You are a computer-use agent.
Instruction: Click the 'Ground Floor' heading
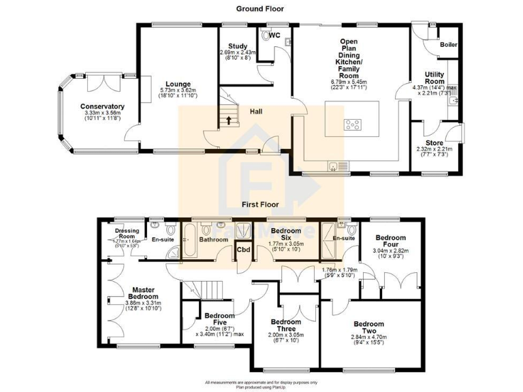click(260, 9)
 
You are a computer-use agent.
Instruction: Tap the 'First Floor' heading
click(260, 203)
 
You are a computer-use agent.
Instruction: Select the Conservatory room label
click(102, 106)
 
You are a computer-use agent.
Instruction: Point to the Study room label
click(237, 46)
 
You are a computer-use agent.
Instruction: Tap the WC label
click(274, 35)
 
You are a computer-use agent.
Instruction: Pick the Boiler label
click(448, 45)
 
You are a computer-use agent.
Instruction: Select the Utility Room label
click(434, 78)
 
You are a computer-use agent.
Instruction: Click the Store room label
click(434, 143)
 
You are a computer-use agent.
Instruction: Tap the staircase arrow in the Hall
click(229, 121)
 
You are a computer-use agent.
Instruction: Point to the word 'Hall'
click(257, 112)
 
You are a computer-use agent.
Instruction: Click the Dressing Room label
click(127, 233)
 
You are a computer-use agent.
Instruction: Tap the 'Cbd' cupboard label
click(243, 250)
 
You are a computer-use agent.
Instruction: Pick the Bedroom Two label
click(368, 327)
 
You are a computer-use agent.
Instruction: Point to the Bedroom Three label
click(285, 326)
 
